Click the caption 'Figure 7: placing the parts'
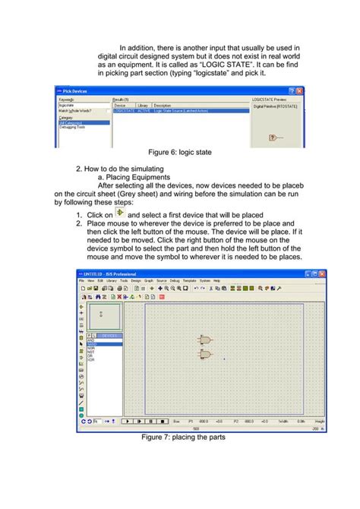[x=183, y=438]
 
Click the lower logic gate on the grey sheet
[x=204, y=354]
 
